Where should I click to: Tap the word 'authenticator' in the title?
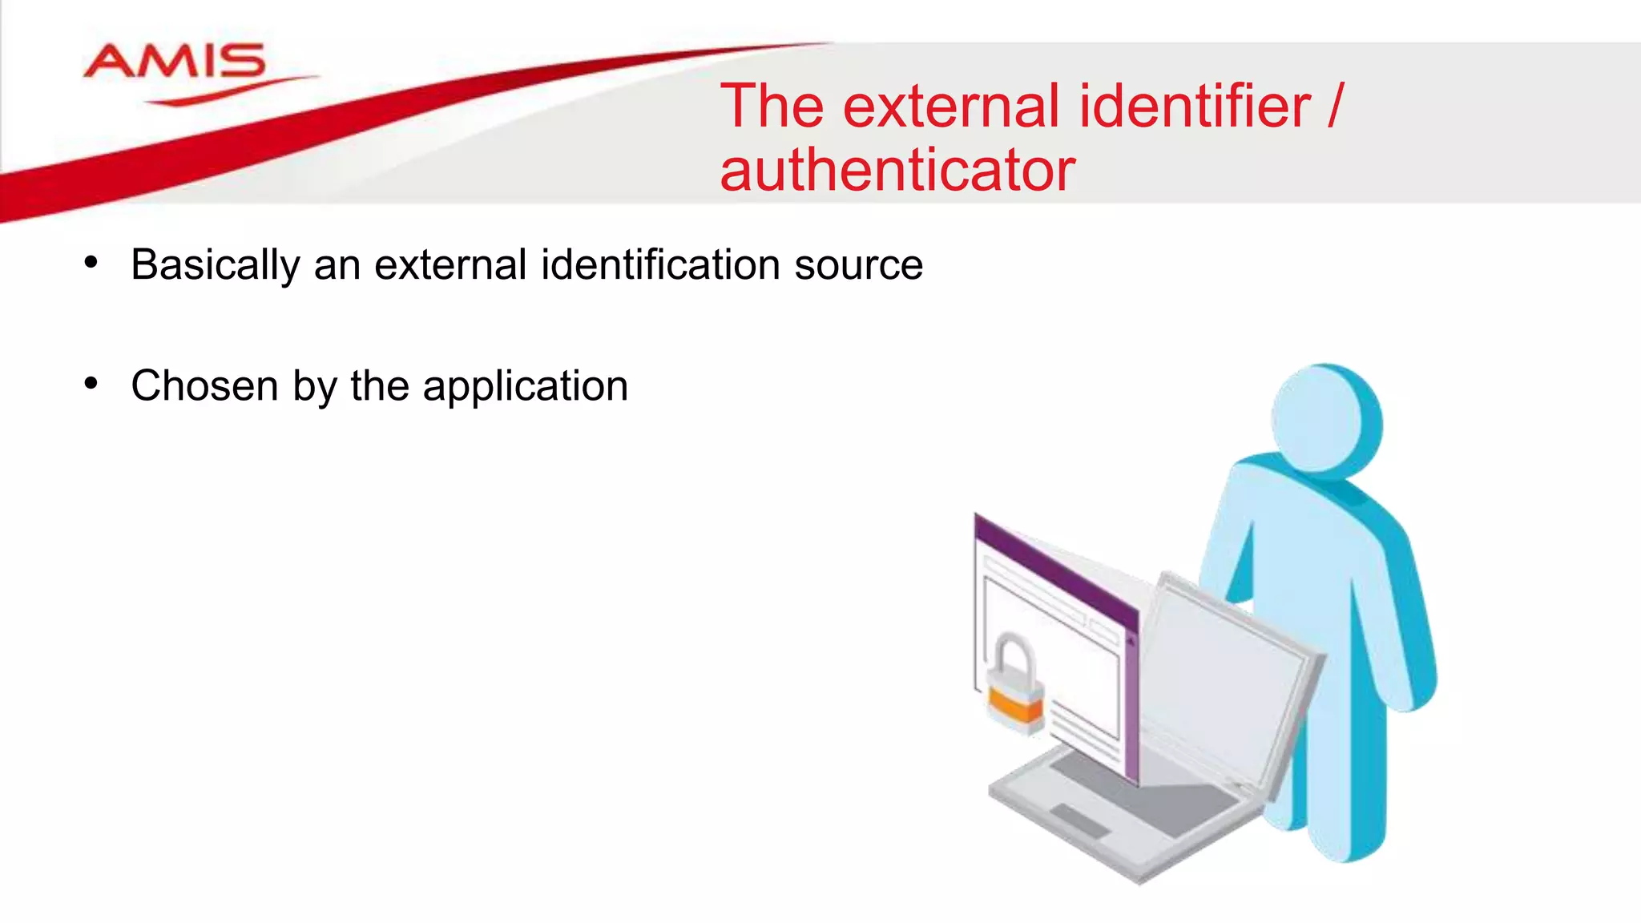coord(897,171)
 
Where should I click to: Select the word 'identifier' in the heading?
coord(1195,107)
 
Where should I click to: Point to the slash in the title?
coord(1333,107)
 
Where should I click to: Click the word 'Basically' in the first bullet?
coord(216,265)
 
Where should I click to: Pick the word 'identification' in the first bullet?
coord(660,265)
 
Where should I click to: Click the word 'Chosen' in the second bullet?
coord(204,386)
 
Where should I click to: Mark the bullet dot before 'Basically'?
coord(91,263)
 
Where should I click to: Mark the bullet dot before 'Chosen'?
coord(91,384)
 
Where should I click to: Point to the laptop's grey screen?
coord(1226,673)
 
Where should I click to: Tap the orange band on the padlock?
coord(1015,704)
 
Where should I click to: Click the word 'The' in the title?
coord(772,107)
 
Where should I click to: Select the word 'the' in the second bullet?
coord(380,386)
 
